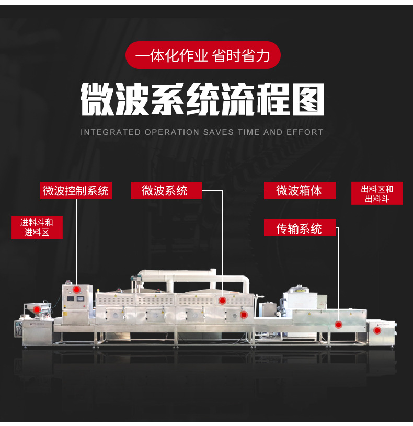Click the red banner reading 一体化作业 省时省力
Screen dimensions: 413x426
(x=203, y=55)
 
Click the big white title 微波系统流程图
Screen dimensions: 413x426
(x=202, y=99)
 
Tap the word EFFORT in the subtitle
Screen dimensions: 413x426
(x=305, y=132)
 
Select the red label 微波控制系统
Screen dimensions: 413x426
(x=76, y=190)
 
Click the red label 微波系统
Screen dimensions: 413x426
(x=166, y=190)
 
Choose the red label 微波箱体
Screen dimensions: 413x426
(x=300, y=190)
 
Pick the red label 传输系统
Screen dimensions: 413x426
(x=300, y=228)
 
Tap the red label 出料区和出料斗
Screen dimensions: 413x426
(x=377, y=193)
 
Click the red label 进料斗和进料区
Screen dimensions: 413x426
(x=37, y=228)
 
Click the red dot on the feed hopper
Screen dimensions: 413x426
(x=37, y=309)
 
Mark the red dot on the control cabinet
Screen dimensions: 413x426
(x=76, y=290)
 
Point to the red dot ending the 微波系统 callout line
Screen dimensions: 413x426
(x=222, y=301)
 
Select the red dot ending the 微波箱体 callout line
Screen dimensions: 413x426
(x=244, y=315)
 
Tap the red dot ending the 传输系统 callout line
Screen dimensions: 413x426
(x=338, y=325)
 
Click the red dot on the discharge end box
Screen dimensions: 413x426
(x=377, y=330)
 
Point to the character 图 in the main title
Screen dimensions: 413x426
(x=308, y=99)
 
